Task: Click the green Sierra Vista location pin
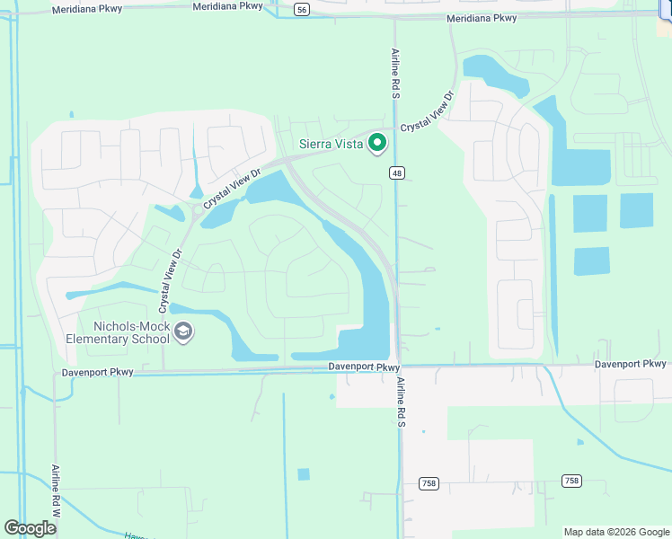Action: pos(378,143)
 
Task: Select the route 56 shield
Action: pos(301,9)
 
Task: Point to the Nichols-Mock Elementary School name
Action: pos(118,332)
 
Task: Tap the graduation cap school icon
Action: pos(183,332)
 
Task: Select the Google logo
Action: pos(30,528)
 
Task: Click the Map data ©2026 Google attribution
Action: pos(616,532)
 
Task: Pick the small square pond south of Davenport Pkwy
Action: pos(304,474)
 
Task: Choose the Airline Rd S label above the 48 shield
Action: pos(394,72)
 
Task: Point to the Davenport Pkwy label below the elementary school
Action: pos(97,372)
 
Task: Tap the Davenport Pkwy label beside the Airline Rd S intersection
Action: pos(363,367)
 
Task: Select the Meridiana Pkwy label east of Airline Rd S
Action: pos(482,18)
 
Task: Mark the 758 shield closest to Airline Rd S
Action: pos(429,483)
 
